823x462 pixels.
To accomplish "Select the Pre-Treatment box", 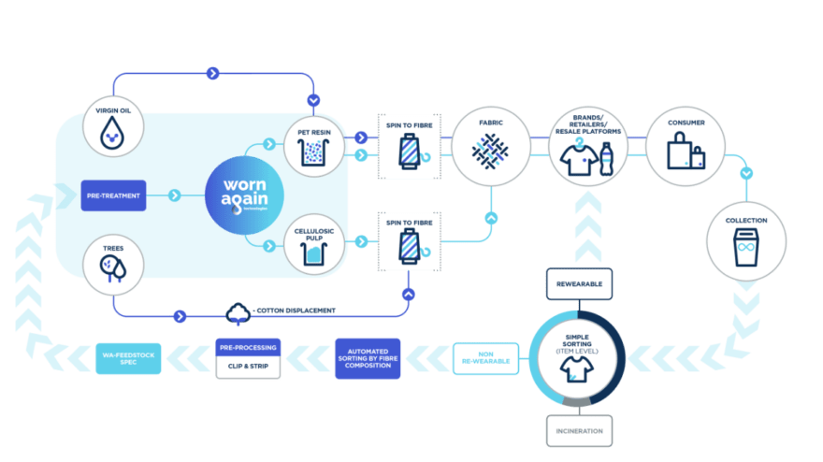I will point(113,195).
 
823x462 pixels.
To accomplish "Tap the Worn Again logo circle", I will point(239,195).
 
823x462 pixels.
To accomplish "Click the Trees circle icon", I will point(112,267).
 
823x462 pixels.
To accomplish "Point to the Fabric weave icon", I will point(489,148).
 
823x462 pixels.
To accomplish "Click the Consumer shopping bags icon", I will point(686,151).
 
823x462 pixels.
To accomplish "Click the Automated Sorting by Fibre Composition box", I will point(368,359).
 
